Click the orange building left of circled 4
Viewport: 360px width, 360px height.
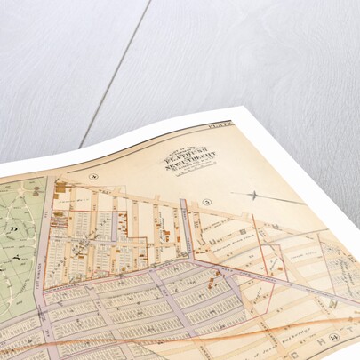pos(59,188)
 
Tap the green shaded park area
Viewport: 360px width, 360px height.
pos(18,258)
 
